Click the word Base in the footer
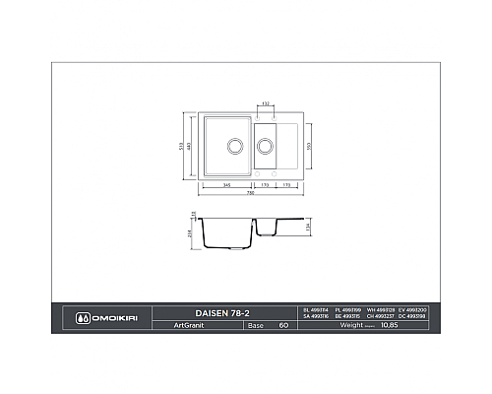(x=255, y=324)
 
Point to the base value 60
(x=283, y=324)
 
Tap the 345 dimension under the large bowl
(x=226, y=183)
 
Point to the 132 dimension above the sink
(x=266, y=102)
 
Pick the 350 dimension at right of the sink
(x=308, y=146)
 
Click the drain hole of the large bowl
(x=234, y=146)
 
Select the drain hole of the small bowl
(x=264, y=146)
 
